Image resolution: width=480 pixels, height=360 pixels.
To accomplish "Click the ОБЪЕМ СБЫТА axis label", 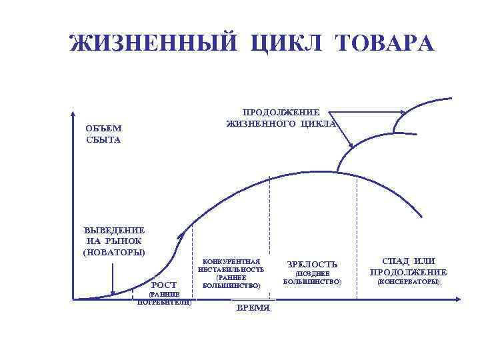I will (103, 134).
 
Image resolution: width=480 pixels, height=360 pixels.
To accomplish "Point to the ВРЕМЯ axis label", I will (253, 308).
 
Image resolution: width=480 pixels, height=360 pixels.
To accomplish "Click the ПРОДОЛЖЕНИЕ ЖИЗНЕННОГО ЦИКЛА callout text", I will (281, 118).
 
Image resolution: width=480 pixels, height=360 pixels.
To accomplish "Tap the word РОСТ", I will (165, 285).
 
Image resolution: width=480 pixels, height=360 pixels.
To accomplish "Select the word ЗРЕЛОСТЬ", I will (312, 265).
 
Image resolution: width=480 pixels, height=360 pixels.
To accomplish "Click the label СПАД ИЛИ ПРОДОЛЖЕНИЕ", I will (409, 266).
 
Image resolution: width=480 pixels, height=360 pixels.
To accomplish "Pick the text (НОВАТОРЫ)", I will (114, 252).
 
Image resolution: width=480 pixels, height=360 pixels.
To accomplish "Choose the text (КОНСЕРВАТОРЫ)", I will (409, 283).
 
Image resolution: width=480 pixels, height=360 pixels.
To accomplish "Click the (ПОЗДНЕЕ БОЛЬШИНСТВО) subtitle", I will (312, 278).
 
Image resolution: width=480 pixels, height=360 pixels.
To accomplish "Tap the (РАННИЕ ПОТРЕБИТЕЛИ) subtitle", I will (164, 298).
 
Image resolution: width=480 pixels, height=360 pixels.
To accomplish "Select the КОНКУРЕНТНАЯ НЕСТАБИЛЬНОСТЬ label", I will (231, 265).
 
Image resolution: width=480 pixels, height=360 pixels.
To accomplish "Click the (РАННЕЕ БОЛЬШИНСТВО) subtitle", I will (231, 281).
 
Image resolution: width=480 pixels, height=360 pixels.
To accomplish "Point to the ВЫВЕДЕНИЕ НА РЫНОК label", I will (114, 235).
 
